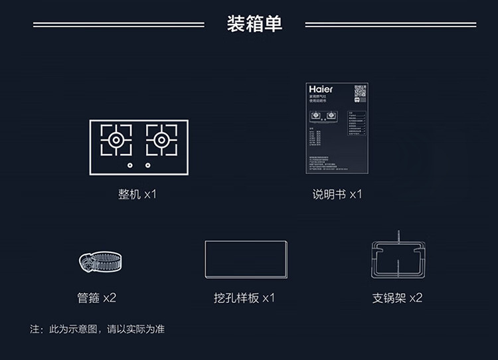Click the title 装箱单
(254, 24)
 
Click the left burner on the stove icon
(116, 140)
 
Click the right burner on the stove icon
(161, 140)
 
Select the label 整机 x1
(137, 195)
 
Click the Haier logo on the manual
(321, 89)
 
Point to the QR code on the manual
(360, 92)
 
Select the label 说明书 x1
(337, 195)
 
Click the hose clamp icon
(98, 262)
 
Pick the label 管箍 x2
(97, 298)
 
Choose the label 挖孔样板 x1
(240, 298)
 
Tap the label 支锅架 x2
(397, 298)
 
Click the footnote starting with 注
(97, 329)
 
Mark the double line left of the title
(119, 25)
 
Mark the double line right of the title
(390, 25)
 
